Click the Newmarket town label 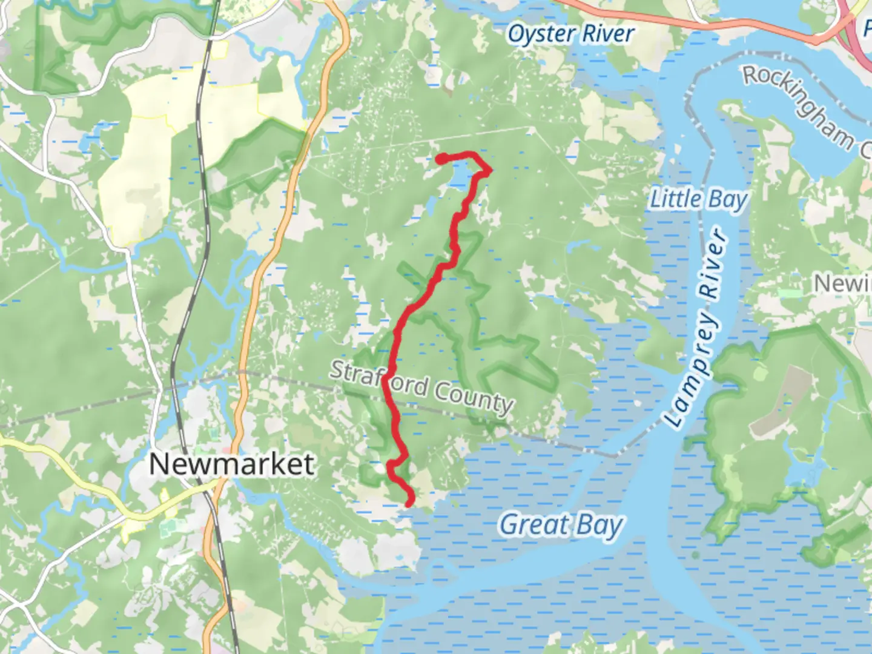tap(231, 464)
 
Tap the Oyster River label tap(570, 34)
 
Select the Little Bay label tap(698, 199)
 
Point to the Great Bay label tap(561, 525)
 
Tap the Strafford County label tap(421, 387)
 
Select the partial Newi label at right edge tap(842, 283)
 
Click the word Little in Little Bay tap(676, 199)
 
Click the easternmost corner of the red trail tap(489, 170)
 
